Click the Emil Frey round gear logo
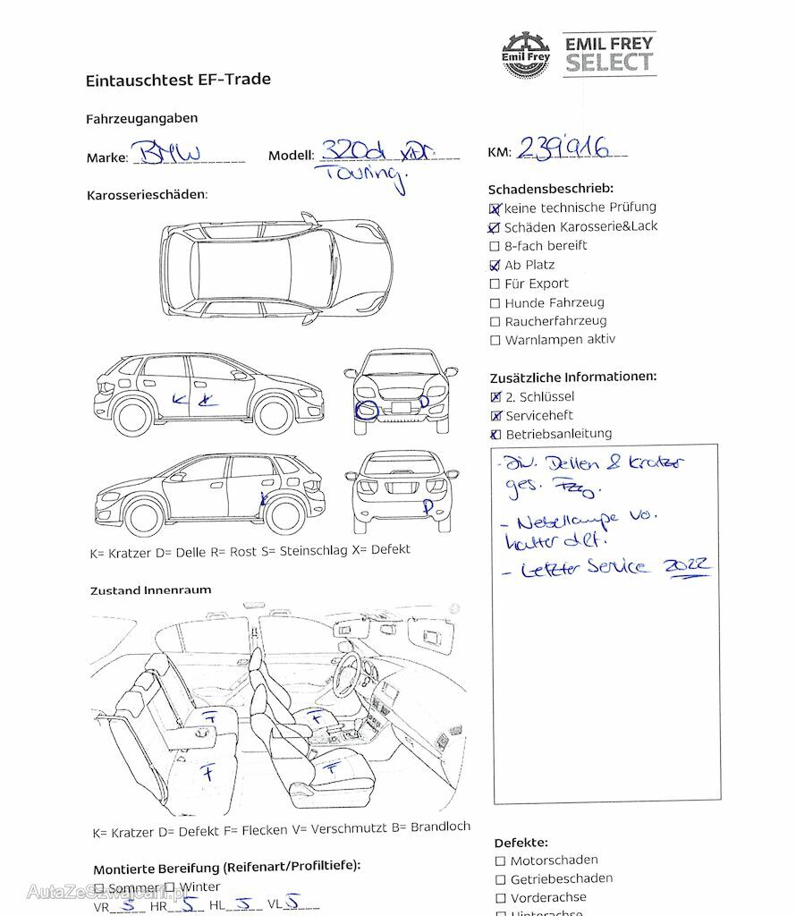tap(526, 55)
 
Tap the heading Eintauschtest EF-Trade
tap(178, 80)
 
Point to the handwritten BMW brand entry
tap(167, 153)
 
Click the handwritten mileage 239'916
tap(563, 148)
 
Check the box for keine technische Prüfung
tap(495, 208)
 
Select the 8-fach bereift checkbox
tap(495, 246)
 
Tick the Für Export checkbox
tap(495, 284)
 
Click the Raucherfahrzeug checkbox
tap(495, 321)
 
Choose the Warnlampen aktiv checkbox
tap(495, 340)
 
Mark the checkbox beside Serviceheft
tap(496, 416)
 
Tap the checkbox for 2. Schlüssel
tap(496, 397)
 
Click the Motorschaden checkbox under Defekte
tap(500, 861)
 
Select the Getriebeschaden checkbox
tap(500, 879)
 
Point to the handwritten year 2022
tap(685, 565)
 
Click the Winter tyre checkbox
tap(169, 886)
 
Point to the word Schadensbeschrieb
tap(550, 189)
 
